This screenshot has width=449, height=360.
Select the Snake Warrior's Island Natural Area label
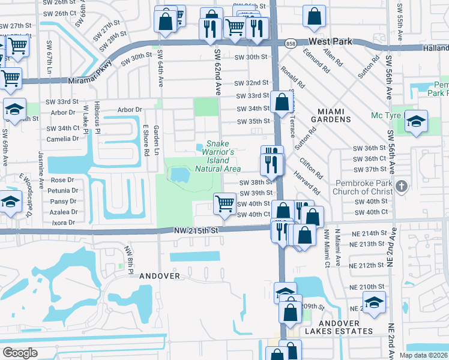(218, 156)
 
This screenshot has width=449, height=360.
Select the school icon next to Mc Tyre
(416, 121)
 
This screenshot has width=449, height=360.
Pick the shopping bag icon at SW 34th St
(282, 102)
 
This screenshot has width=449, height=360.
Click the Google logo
(20, 353)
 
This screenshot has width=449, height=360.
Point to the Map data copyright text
(423, 355)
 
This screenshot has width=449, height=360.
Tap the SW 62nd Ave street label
(217, 71)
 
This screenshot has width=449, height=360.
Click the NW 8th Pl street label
(127, 256)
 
